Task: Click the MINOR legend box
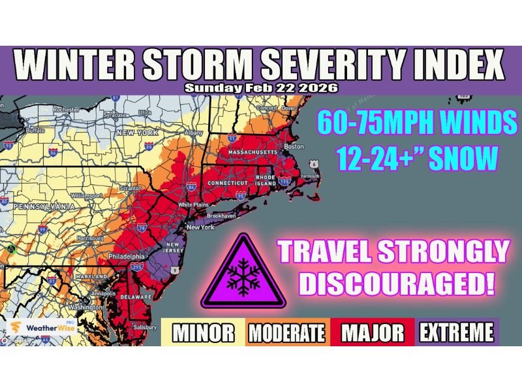(203, 333)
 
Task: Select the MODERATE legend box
(286, 333)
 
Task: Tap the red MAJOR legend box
(372, 333)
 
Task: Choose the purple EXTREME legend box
(456, 333)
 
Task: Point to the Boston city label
(296, 146)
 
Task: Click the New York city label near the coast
(200, 227)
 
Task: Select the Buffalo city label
(33, 130)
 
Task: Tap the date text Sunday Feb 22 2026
(260, 88)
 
